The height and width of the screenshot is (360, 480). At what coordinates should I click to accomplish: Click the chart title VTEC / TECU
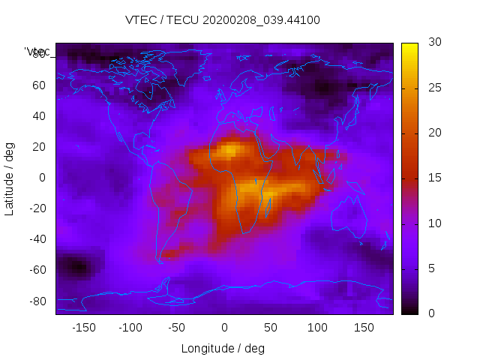click(223, 20)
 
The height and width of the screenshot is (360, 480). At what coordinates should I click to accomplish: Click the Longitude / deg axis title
click(223, 348)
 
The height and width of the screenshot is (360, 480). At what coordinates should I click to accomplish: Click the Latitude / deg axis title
click(10, 178)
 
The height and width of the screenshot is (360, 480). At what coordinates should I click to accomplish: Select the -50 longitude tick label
click(177, 327)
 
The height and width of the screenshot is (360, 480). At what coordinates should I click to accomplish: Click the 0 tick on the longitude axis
click(224, 327)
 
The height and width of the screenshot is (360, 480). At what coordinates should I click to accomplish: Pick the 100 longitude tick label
click(318, 327)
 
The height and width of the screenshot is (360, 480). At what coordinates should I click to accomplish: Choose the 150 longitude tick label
click(364, 327)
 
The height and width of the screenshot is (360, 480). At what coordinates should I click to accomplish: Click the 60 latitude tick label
click(39, 85)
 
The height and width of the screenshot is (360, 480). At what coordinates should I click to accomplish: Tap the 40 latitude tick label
click(39, 116)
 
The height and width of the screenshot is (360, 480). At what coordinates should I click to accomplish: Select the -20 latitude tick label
click(37, 208)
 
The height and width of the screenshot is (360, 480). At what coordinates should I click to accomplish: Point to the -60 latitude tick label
click(37, 270)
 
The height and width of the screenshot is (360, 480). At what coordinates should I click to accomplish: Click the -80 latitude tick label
click(37, 301)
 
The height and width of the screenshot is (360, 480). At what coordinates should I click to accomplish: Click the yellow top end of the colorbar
click(409, 46)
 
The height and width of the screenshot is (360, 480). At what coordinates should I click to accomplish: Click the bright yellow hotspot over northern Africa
click(227, 151)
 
